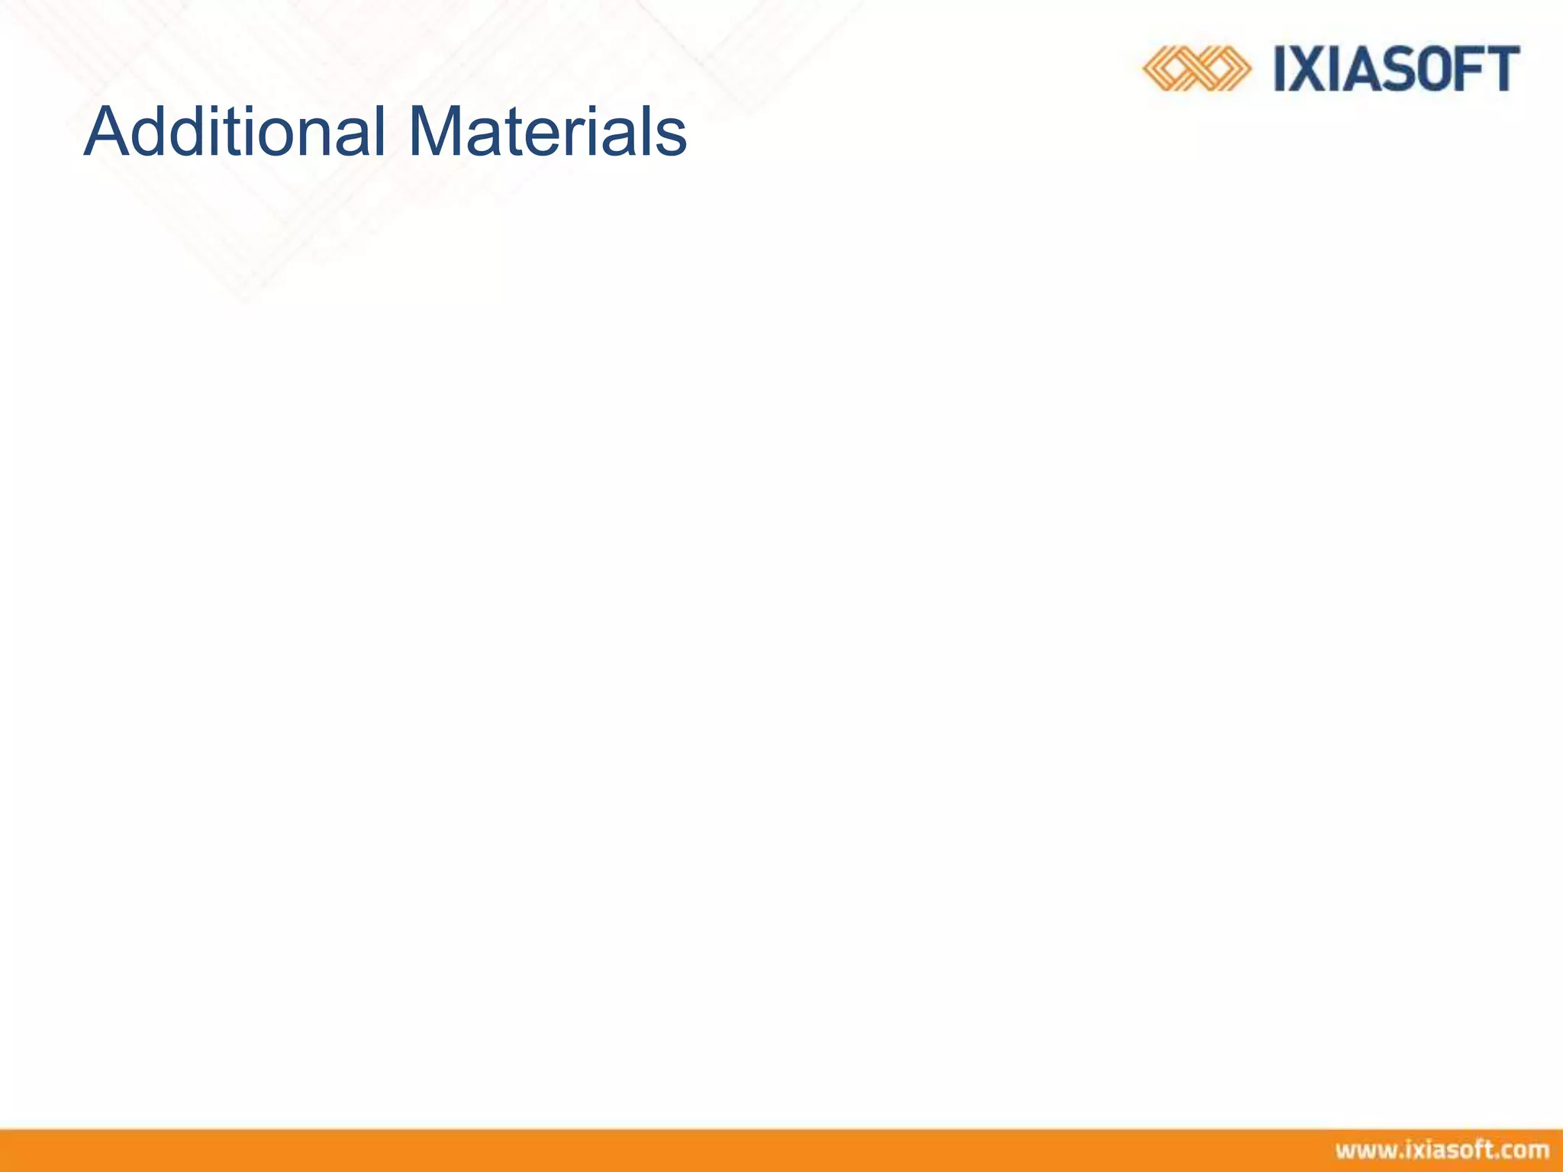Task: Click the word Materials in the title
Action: (547, 132)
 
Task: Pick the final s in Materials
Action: (672, 137)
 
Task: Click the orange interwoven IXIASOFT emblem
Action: (1197, 69)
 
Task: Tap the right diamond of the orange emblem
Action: (1223, 69)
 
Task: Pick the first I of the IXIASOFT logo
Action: (1282, 69)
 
